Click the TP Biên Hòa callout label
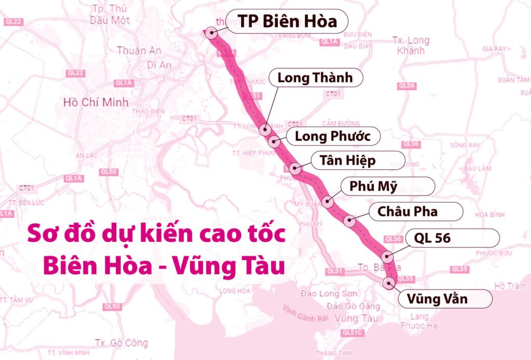click(x=287, y=21)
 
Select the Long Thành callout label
click(x=315, y=78)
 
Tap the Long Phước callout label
click(x=332, y=136)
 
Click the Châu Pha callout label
click(x=408, y=212)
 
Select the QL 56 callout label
click(x=432, y=238)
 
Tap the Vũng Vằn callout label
click(x=437, y=299)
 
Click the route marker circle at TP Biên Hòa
click(x=211, y=33)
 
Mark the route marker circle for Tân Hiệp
click(x=295, y=168)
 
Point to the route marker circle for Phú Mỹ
click(x=327, y=201)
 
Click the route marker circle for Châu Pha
click(x=350, y=221)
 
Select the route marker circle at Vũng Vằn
click(x=389, y=283)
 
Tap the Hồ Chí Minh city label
click(x=95, y=102)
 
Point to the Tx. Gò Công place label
click(x=121, y=343)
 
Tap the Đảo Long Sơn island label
click(x=326, y=294)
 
